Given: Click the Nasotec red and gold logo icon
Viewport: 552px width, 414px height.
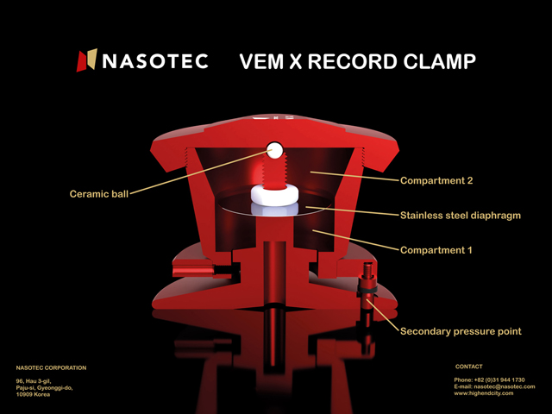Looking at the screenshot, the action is pos(86,60).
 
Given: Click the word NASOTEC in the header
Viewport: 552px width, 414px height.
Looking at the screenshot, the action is pos(155,61).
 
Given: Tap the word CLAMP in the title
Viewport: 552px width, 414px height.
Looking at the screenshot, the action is pos(439,61).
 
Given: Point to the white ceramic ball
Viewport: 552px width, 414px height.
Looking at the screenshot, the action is pos(274,150).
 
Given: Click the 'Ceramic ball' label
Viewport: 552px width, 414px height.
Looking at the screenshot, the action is pos(99,194).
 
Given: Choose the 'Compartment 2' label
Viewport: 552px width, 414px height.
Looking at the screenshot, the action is pos(436,180).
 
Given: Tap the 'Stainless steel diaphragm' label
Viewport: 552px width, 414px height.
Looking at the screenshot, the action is pos(461,215).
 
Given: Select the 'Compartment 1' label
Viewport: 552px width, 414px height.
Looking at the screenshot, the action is pos(436,250).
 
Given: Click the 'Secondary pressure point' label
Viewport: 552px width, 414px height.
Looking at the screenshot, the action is pos(461,331).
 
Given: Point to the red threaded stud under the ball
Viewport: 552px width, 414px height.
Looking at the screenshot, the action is pos(274,172).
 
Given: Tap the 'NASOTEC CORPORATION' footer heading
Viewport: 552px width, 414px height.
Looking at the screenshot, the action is pos(51,368).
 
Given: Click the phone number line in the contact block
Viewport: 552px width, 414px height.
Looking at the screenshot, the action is pos(489,379).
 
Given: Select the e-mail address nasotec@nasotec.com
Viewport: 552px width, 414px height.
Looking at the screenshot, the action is pos(505,386).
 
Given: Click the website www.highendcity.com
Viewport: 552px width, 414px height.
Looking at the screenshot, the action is pos(483,393).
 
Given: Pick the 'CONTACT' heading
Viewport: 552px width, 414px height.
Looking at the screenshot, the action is pos(469,367).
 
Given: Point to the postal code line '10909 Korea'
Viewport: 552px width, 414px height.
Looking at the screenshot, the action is pos(33,394).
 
